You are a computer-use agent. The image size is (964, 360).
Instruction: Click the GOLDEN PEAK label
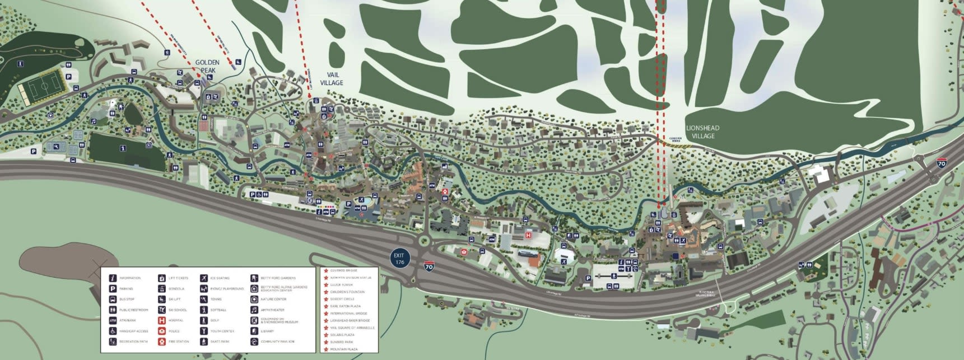pyautogui.click(x=207, y=66)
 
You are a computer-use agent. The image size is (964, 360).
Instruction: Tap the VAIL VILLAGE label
pyautogui.click(x=332, y=78)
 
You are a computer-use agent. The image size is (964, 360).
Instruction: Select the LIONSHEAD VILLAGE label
pyautogui.click(x=702, y=132)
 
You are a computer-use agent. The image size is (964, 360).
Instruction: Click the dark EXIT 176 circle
pyautogui.click(x=399, y=259)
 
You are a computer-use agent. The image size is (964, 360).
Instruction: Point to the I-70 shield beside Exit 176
pyautogui.click(x=429, y=267)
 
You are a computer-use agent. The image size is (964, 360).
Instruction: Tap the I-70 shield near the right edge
pyautogui.click(x=942, y=163)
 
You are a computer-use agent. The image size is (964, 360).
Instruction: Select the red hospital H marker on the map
pyautogui.click(x=528, y=236)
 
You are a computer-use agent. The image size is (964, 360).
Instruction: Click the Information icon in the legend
pyautogui.click(x=113, y=278)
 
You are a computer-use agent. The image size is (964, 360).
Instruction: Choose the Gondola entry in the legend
pyautogui.click(x=162, y=289)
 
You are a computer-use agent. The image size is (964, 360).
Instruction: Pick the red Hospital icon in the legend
pyautogui.click(x=162, y=320)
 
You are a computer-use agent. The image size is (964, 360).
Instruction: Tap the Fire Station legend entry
pyautogui.click(x=162, y=342)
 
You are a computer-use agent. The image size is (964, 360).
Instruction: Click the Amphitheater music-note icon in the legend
pyautogui.click(x=254, y=310)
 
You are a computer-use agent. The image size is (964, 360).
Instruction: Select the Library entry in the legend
pyautogui.click(x=254, y=331)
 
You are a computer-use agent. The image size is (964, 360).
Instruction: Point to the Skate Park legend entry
pyautogui.click(x=204, y=342)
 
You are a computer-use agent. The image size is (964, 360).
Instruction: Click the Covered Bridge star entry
pyautogui.click(x=343, y=270)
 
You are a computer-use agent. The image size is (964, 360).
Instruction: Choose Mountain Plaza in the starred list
pyautogui.click(x=343, y=349)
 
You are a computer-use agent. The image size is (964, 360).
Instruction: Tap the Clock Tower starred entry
pyautogui.click(x=341, y=285)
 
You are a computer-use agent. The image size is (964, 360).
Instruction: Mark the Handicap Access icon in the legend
pyautogui.click(x=113, y=331)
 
